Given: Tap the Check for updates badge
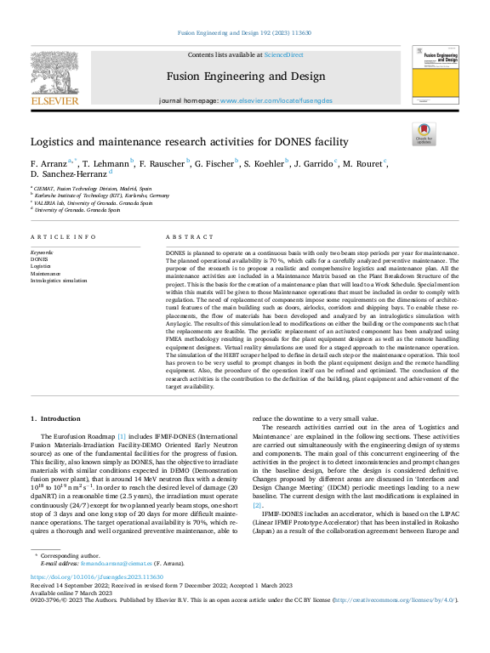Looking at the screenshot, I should [424, 134].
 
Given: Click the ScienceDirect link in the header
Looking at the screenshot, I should [284, 54].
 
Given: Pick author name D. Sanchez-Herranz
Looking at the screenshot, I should [65, 173].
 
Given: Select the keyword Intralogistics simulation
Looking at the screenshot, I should [59, 281].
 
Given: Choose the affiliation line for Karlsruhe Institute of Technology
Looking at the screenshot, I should [101, 196].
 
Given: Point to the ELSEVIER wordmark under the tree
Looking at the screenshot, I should [54, 100].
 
